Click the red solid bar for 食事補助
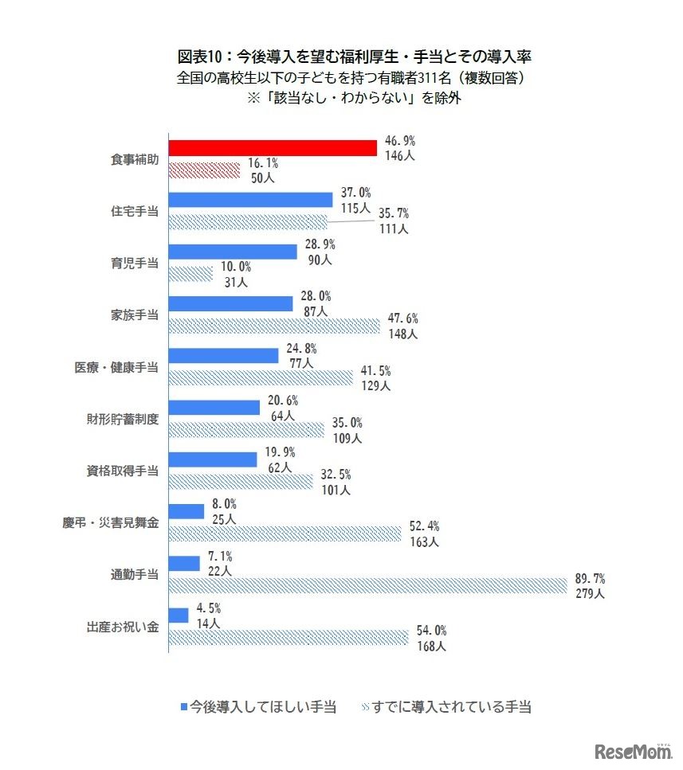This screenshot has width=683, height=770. click(273, 147)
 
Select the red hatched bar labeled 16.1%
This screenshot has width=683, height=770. click(204, 170)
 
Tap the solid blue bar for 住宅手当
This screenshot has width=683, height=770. click(250, 199)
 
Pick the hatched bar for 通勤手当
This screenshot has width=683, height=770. click(368, 585)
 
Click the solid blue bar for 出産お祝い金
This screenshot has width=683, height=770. click(179, 615)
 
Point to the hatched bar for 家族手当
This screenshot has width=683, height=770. click(275, 326)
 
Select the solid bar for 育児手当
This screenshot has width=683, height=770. click(233, 251)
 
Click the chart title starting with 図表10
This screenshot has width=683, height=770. click(343, 57)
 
